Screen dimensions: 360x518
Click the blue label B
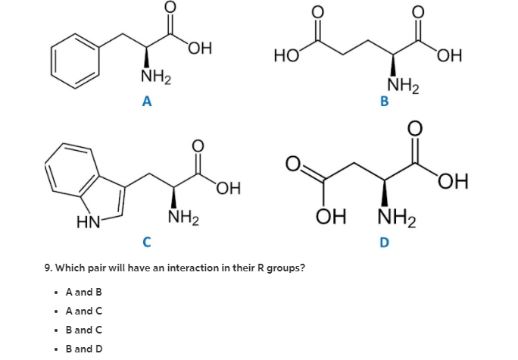coord(384,102)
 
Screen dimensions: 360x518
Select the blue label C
coord(147,243)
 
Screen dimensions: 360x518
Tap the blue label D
coord(384,243)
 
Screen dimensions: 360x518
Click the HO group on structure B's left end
coord(286,55)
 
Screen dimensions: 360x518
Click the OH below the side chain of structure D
coord(330,219)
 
